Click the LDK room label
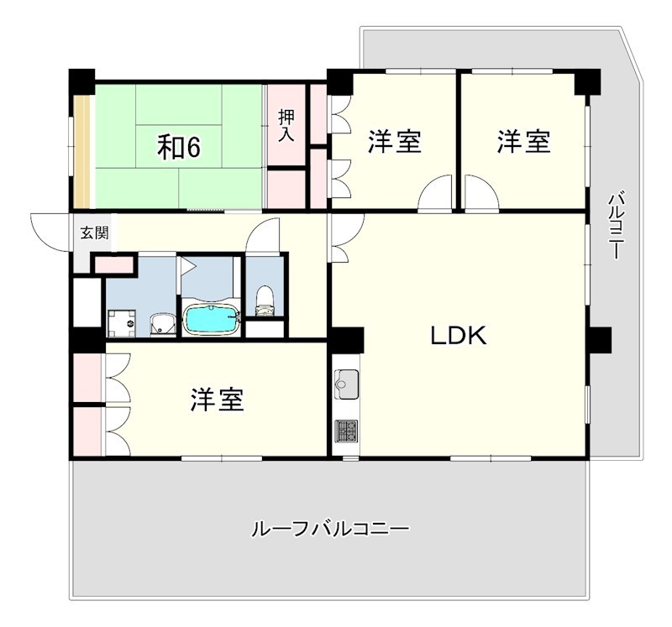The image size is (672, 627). coord(459,337)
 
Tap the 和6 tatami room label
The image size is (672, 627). coord(179,148)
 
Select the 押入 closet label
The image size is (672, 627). coord(286,125)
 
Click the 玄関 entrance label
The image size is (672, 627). coord(93,233)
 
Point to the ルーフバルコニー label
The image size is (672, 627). coord(330,530)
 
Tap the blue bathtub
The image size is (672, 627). coord(211,320)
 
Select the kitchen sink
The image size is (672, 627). coord(345,385)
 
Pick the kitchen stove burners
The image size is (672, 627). coord(345,431)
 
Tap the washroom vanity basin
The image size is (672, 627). coord(161,324)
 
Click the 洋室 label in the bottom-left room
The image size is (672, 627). coord(217,400)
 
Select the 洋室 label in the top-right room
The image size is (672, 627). coord(523,142)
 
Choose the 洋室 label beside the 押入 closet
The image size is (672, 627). coord(395,142)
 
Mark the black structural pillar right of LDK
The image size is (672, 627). coord(599,340)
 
